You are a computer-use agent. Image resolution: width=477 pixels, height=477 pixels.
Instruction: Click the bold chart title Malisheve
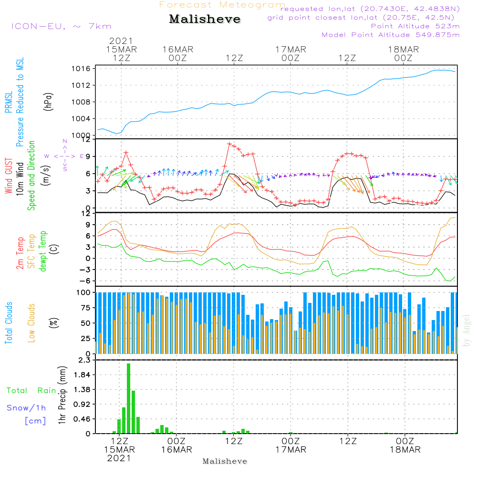(x=205, y=20)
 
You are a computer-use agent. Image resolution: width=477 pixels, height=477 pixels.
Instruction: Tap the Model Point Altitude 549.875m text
(x=391, y=35)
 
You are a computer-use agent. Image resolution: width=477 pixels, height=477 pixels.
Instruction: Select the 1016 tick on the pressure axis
(x=81, y=69)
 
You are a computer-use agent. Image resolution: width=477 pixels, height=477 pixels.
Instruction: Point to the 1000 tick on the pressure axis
(x=81, y=135)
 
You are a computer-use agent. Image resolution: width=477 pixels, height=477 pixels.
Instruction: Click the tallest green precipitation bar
(x=129, y=398)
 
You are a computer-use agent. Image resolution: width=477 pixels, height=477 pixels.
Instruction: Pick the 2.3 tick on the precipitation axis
(x=84, y=360)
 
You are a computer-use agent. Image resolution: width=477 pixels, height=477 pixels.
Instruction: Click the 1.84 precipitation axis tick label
(x=81, y=375)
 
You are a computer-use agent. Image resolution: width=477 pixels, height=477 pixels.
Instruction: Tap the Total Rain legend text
(x=31, y=391)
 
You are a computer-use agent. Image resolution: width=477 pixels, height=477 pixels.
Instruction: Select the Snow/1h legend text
(x=26, y=408)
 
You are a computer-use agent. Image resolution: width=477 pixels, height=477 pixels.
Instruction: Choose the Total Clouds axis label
(x=9, y=323)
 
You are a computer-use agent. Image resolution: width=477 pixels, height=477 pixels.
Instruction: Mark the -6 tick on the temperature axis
(x=84, y=281)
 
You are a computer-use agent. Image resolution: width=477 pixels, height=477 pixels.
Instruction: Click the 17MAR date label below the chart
(x=291, y=449)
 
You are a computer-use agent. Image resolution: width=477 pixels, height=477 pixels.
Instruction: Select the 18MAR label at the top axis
(x=404, y=50)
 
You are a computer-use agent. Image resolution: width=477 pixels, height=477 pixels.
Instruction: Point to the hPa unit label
(x=49, y=101)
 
